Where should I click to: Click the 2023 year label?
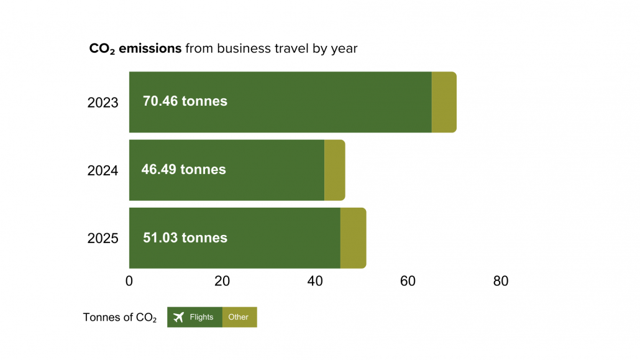click(103, 103)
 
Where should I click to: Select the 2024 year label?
click(103, 170)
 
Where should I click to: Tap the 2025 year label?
click(103, 238)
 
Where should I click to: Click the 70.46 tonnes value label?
click(185, 101)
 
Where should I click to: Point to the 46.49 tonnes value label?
click(183, 169)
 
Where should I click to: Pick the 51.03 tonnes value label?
click(185, 238)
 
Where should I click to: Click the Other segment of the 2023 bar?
click(444, 102)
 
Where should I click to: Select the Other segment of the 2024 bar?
click(334, 170)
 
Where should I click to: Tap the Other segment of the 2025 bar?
click(353, 238)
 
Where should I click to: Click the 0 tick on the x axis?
click(129, 281)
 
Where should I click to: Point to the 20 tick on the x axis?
click(222, 281)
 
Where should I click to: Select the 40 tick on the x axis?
click(315, 281)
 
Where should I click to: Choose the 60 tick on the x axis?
click(408, 281)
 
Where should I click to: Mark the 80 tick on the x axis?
click(501, 281)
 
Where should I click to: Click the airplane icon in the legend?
click(178, 317)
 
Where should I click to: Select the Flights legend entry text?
click(201, 317)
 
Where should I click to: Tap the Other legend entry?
click(239, 317)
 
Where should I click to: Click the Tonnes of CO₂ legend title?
click(120, 318)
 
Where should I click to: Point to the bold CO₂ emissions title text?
click(135, 48)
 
